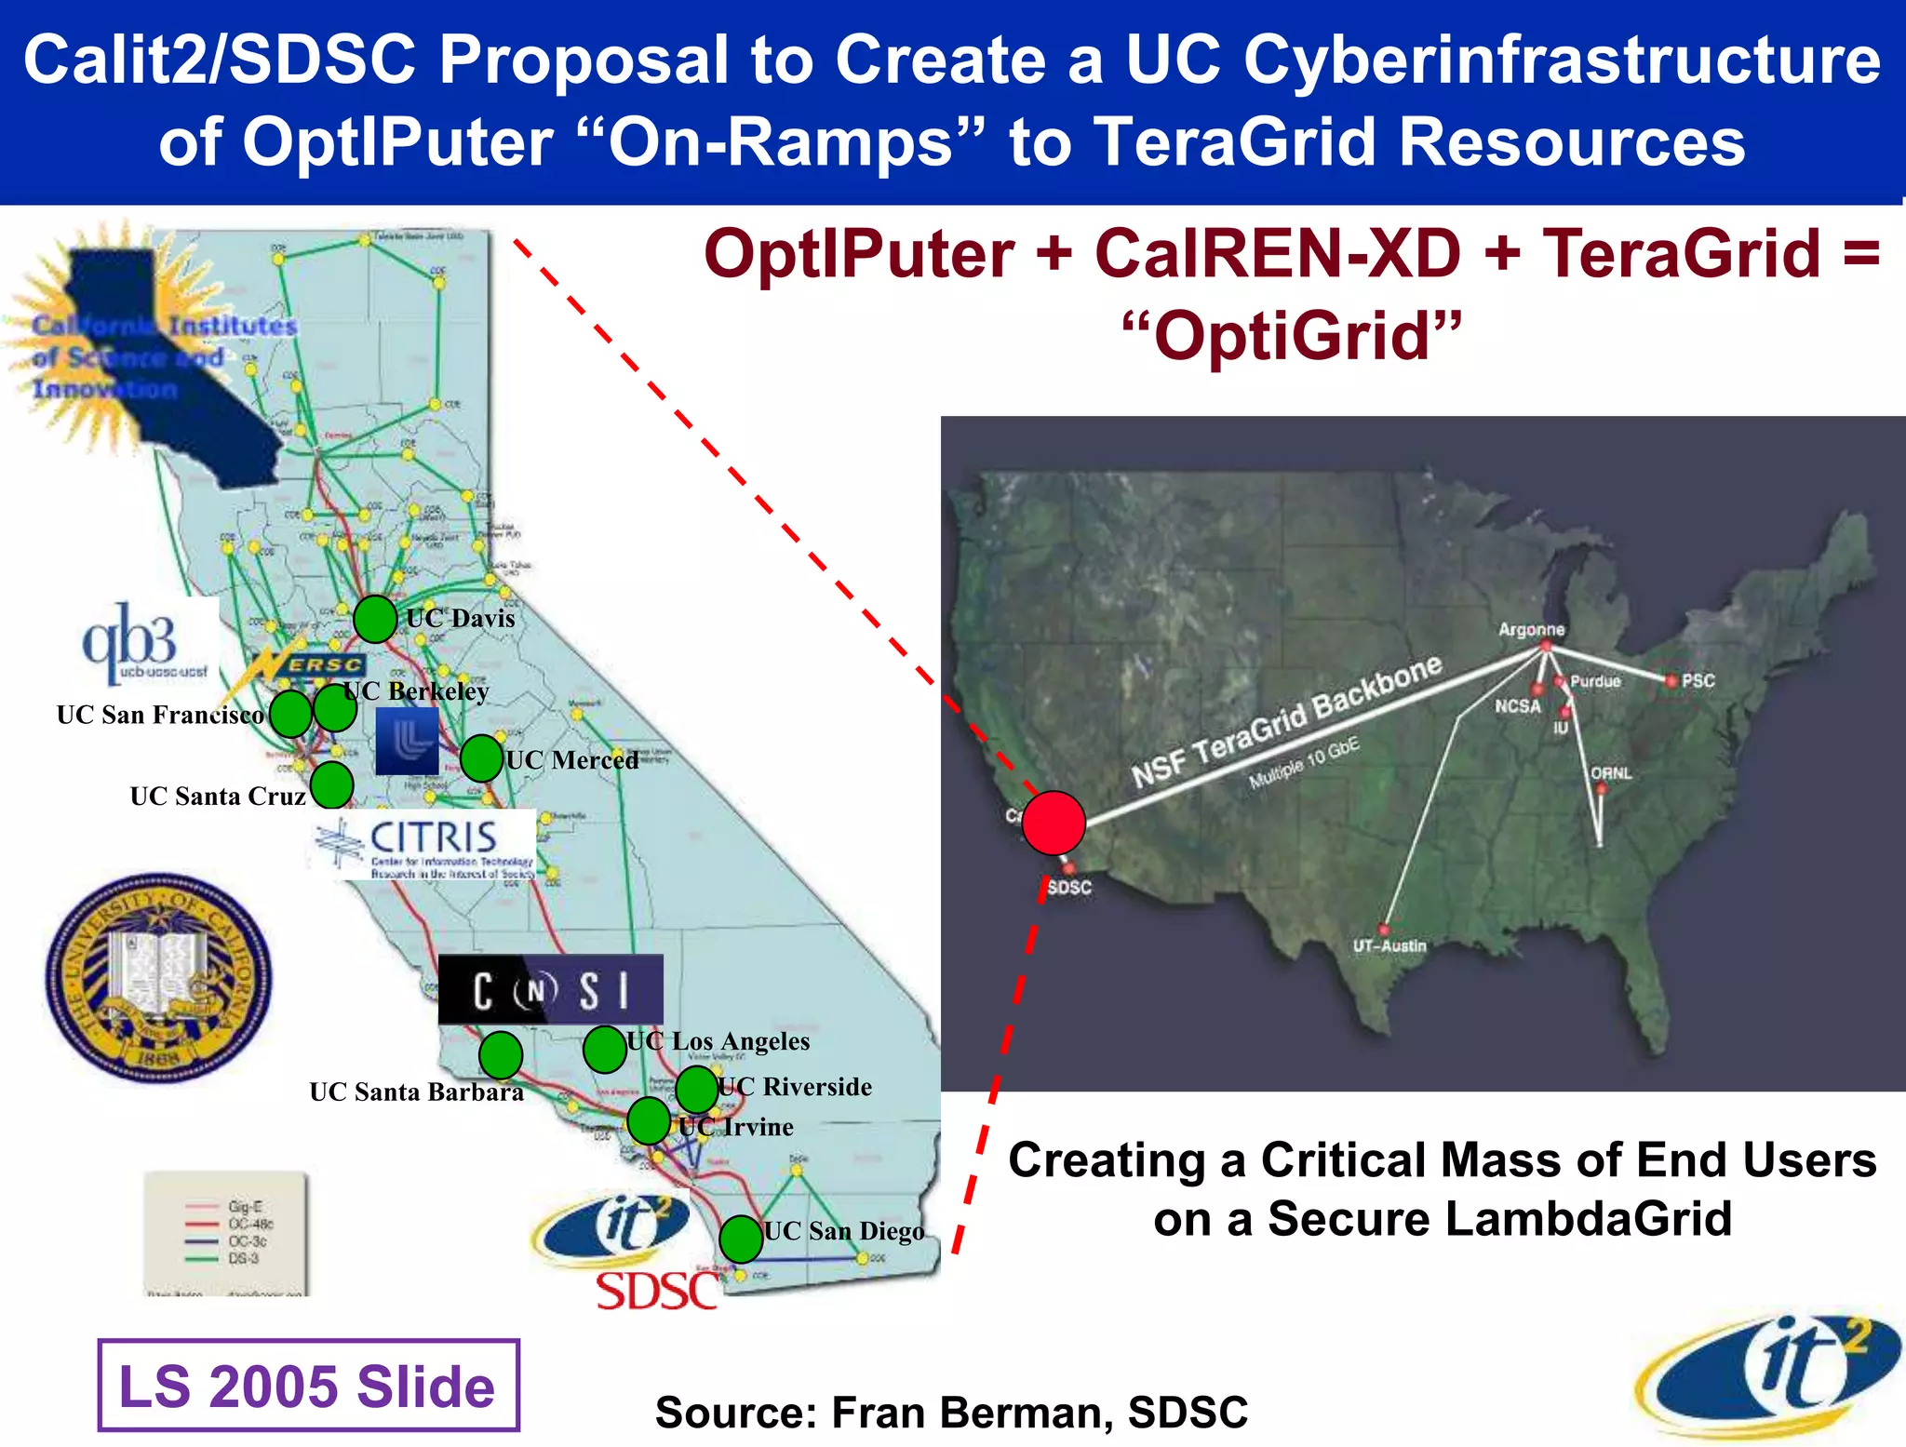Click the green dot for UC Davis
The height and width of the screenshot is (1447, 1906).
coord(375,619)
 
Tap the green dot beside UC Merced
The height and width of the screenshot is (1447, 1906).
coord(481,758)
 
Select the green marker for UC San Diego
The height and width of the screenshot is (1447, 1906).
coord(741,1239)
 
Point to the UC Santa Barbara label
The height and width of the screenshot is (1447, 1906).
coord(416,1092)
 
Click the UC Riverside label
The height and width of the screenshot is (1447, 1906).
coord(796,1087)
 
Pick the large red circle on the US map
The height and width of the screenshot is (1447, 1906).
coord(1054,823)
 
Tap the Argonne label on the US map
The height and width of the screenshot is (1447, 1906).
coord(1531,630)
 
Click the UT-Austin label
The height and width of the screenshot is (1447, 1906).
coord(1389,945)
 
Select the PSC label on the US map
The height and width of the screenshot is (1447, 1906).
coord(1698,680)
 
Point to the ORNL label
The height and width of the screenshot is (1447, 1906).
coord(1611,773)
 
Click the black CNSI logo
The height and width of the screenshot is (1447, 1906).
coord(550,990)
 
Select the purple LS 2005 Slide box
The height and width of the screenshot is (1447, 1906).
coord(308,1385)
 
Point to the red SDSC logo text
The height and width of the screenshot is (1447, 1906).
coord(657,1292)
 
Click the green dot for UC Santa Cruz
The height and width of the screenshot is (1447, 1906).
coord(331,784)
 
